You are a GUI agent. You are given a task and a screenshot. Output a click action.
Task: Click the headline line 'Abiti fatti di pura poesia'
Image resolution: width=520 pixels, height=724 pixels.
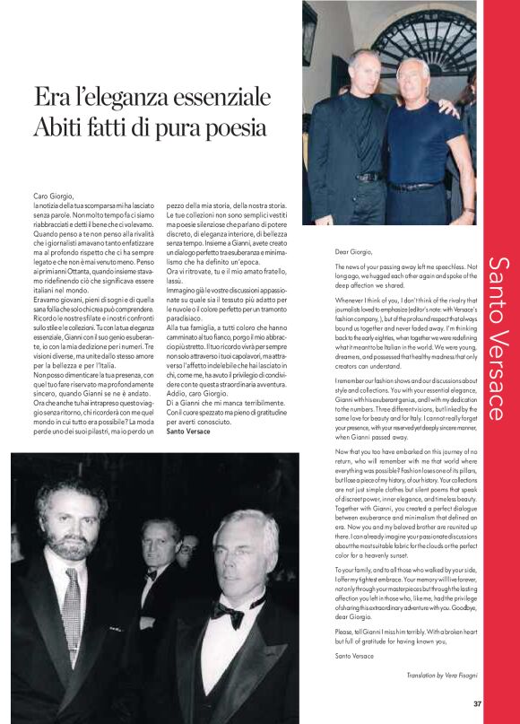(150, 127)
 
